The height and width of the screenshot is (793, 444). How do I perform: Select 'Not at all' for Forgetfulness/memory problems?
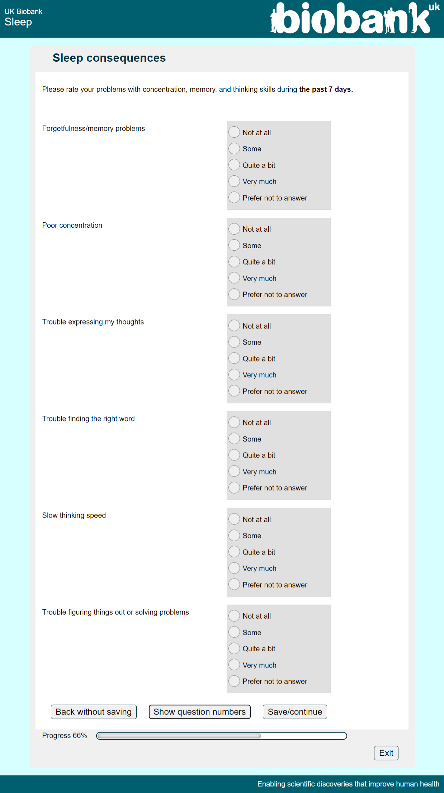pyautogui.click(x=234, y=132)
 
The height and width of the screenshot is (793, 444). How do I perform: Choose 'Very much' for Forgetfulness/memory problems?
pyautogui.click(x=234, y=181)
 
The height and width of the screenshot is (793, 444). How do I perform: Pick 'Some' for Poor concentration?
pyautogui.click(x=234, y=245)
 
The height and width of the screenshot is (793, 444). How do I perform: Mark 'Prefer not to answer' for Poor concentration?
pyautogui.click(x=234, y=294)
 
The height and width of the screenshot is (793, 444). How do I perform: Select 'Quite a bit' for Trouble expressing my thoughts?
pyautogui.click(x=234, y=358)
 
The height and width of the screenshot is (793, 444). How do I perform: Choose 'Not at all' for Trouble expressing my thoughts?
pyautogui.click(x=234, y=326)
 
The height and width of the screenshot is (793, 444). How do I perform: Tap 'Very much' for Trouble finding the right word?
pyautogui.click(x=234, y=471)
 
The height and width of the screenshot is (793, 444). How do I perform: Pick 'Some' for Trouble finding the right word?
pyautogui.click(x=234, y=439)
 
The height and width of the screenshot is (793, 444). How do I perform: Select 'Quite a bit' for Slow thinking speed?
pyautogui.click(x=234, y=552)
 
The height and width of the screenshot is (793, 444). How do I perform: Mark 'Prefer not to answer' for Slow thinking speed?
pyautogui.click(x=234, y=585)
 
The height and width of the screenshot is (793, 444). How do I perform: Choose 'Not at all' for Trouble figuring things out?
pyautogui.click(x=234, y=616)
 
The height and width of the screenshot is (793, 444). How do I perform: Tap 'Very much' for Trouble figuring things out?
pyautogui.click(x=234, y=665)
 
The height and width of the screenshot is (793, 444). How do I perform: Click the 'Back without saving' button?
pyautogui.click(x=94, y=712)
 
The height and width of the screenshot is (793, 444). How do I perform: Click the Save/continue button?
pyautogui.click(x=295, y=712)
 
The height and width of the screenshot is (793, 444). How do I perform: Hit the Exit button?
pyautogui.click(x=386, y=753)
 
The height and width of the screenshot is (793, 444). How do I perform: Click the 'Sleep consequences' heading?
pyautogui.click(x=109, y=58)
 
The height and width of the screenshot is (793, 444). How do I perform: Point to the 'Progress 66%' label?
pyautogui.click(x=65, y=736)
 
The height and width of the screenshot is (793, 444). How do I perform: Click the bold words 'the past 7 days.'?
pyautogui.click(x=326, y=89)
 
